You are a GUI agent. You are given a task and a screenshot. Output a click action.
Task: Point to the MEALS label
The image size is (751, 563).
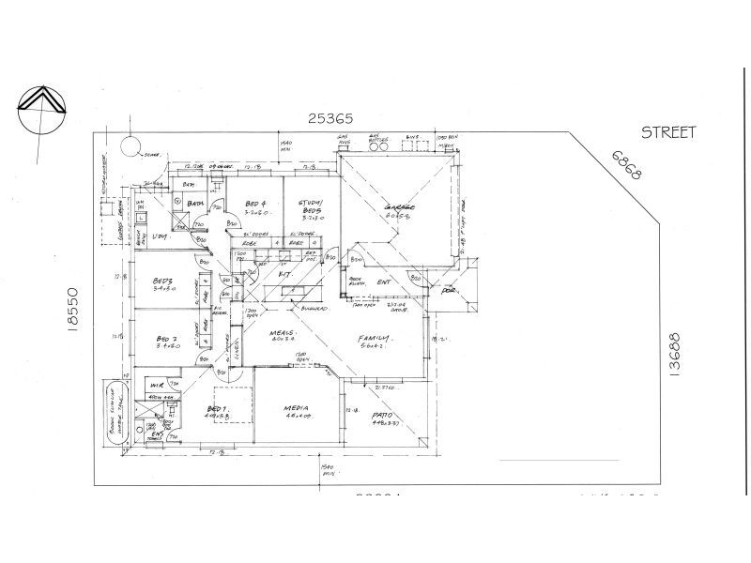[x=282, y=333]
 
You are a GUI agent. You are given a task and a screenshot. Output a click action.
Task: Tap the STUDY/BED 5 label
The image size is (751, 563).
[x=311, y=205]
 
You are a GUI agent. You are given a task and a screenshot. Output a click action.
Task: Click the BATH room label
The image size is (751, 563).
[x=195, y=203]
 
